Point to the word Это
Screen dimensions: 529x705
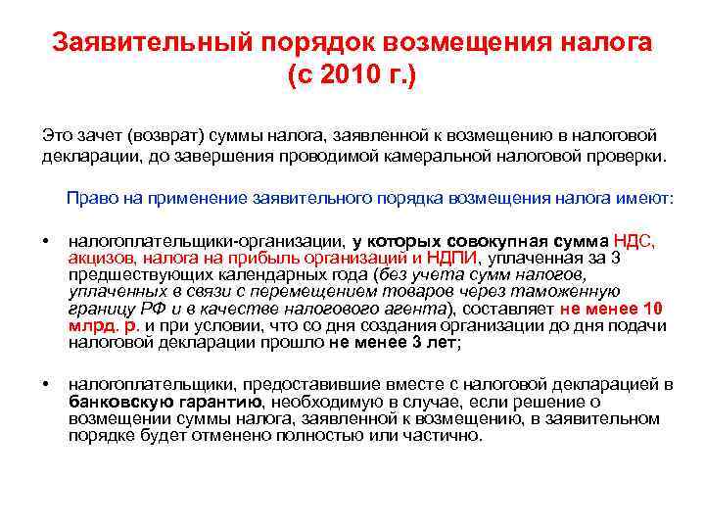56,136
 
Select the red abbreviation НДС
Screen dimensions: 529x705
636,242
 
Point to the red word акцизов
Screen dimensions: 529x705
103,258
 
